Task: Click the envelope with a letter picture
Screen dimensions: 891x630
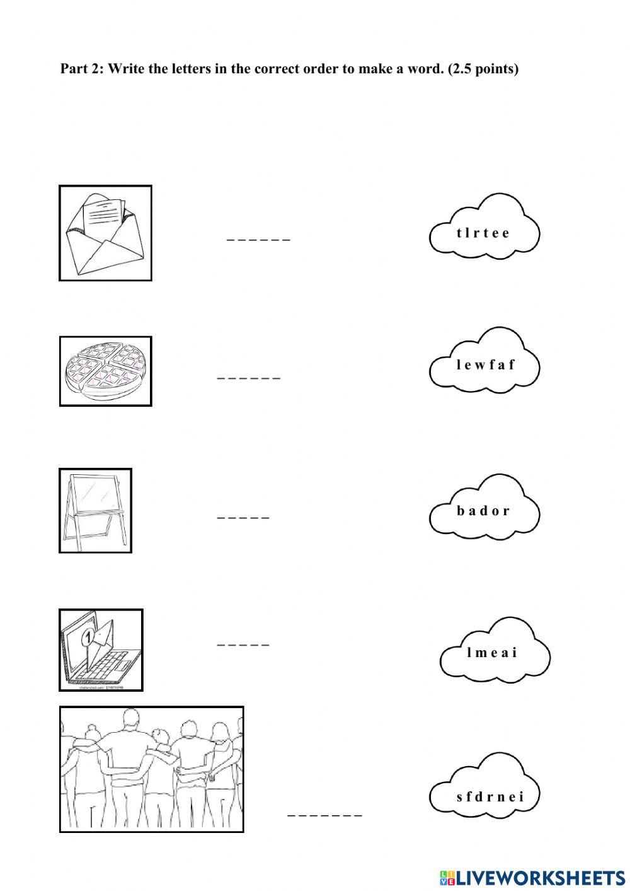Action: [105, 233]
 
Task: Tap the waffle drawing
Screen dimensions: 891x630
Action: [105, 371]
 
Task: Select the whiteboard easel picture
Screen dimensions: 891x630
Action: [95, 510]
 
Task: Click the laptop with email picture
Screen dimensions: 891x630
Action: [101, 649]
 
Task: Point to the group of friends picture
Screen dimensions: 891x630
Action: [151, 769]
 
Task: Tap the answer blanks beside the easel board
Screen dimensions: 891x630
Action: [243, 518]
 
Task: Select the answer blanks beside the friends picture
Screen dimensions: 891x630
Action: [325, 815]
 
